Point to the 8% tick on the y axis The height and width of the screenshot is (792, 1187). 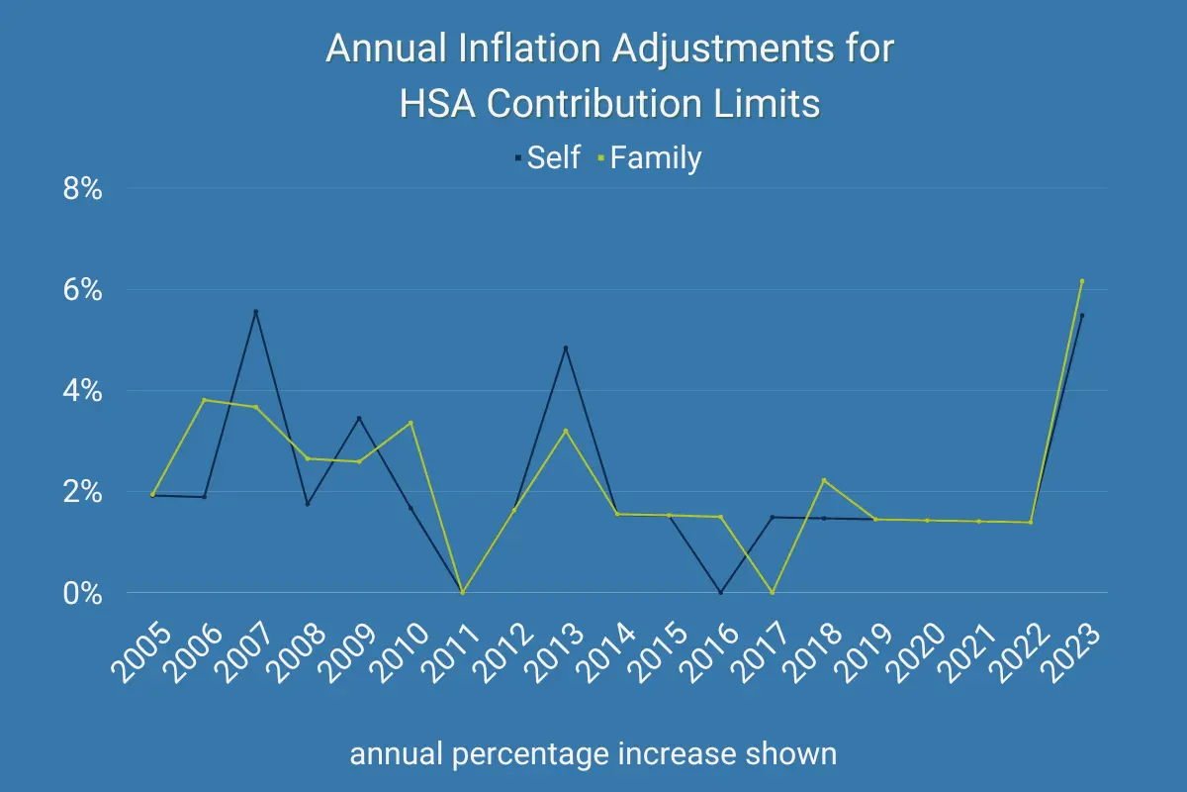[82, 189]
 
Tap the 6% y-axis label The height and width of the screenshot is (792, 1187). [82, 290]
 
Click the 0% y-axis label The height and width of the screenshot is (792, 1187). [82, 593]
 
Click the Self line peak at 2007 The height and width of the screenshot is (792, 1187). [256, 312]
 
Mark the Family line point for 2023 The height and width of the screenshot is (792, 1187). [1082, 281]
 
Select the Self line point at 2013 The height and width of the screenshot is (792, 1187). [566, 347]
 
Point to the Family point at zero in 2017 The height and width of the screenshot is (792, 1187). [773, 592]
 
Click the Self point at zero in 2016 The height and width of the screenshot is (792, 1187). [721, 592]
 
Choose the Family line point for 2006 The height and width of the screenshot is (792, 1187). [205, 400]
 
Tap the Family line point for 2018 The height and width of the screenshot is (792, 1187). [824, 480]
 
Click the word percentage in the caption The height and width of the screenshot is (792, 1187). [525, 754]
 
